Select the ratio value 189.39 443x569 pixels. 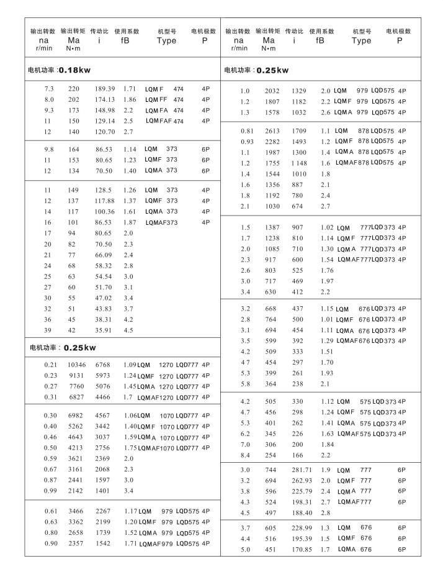[105, 89]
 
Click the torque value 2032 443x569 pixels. [272, 91]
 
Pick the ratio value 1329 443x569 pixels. [300, 91]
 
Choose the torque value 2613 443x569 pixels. [272, 131]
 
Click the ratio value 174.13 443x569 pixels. [105, 99]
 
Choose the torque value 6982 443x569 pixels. [73, 415]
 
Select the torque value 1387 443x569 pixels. [272, 227]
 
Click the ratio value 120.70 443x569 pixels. [105, 132]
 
